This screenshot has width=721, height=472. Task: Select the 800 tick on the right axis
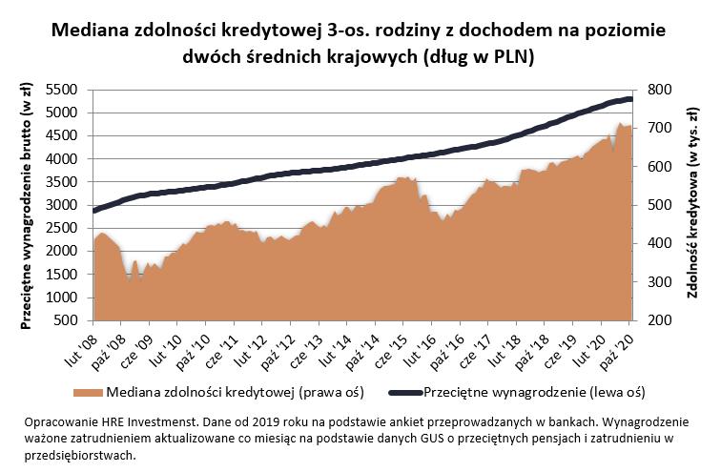[660, 90]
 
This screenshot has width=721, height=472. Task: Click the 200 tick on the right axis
[660, 321]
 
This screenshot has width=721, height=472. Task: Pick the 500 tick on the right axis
[660, 205]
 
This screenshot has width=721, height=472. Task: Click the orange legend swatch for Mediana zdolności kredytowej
[89, 391]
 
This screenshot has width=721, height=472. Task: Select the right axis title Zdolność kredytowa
[693, 206]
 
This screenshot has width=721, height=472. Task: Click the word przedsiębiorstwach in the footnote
[77, 454]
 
